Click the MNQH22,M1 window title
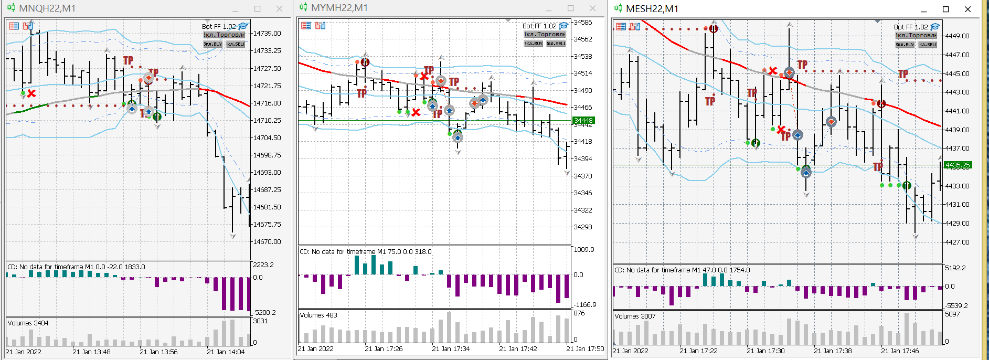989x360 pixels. [x=47, y=8]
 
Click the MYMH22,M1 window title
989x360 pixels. [x=339, y=8]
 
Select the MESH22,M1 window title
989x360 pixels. [x=652, y=9]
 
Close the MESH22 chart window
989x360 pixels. [x=968, y=9]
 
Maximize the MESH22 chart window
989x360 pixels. [x=946, y=9]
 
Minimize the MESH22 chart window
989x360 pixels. [x=924, y=9]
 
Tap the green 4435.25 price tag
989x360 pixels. [x=958, y=165]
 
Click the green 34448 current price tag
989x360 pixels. [x=583, y=121]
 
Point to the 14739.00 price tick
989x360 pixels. [x=267, y=33]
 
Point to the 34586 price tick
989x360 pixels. [x=582, y=23]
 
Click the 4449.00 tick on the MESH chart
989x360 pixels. [x=957, y=36]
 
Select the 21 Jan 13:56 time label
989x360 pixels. [x=158, y=352]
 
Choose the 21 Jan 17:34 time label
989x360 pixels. [x=451, y=349]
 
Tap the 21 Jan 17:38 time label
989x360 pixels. [x=833, y=351]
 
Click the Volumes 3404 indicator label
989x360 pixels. [x=28, y=323]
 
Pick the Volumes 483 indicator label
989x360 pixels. [x=318, y=315]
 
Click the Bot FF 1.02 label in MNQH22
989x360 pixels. [x=219, y=27]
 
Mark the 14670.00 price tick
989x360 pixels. [x=267, y=242]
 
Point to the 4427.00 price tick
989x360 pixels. [x=957, y=242]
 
